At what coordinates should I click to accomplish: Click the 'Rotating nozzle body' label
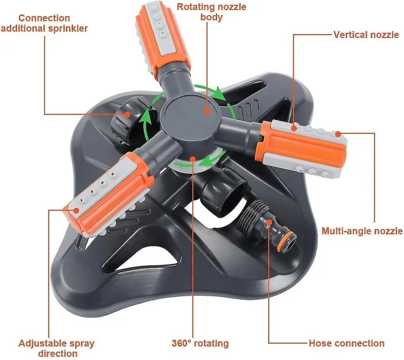coord(211,12)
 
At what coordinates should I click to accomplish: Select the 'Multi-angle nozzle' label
coord(362,231)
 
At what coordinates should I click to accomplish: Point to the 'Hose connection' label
coord(347,344)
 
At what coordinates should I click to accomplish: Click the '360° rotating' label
coord(199,344)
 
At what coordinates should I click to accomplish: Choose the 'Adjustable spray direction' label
coord(57,349)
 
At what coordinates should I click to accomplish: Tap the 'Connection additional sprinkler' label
coord(44,23)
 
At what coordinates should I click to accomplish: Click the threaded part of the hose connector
coord(255,215)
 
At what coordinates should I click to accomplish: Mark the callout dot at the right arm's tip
coord(338,133)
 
